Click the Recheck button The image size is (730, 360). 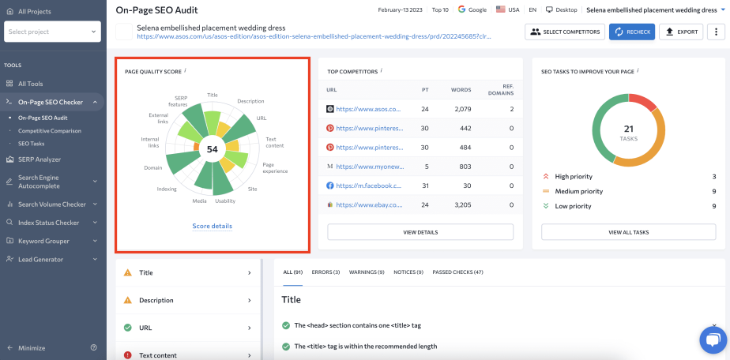pos(631,32)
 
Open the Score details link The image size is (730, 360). pos(212,226)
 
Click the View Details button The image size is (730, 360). pos(420,232)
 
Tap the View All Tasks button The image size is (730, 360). pos(629,232)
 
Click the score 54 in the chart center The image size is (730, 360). pos(212,149)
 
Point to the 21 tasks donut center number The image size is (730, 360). pos(629,129)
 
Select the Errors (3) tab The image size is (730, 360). pos(325,272)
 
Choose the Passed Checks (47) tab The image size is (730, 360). pos(457,272)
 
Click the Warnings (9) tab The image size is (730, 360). pos(367,272)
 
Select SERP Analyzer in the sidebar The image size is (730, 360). pos(40,159)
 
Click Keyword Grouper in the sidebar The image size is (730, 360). pos(43,241)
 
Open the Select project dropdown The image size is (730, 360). pos(52,32)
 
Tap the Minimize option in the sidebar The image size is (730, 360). pos(32,348)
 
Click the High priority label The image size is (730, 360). pos(574,177)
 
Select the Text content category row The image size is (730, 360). pos(189,355)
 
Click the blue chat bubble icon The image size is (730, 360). pos(713,339)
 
